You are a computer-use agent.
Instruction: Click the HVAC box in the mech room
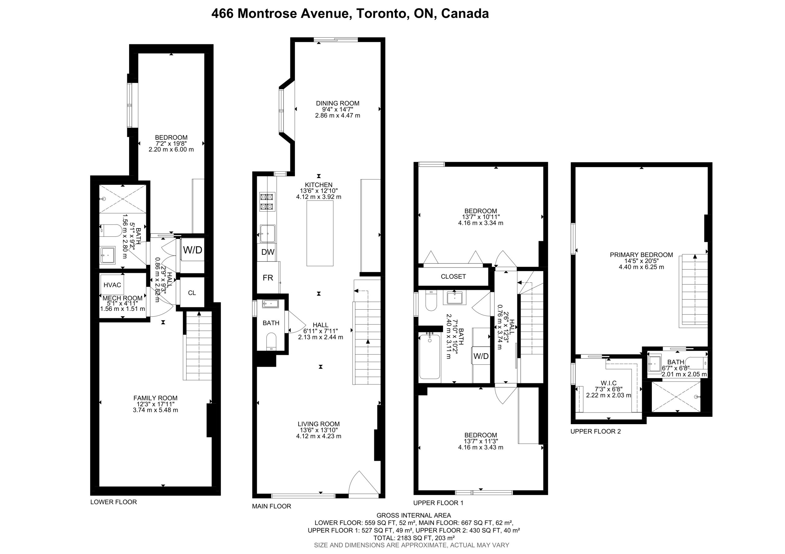tap(112, 285)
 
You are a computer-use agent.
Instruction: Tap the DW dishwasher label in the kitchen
tap(268, 252)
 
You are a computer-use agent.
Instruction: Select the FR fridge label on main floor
tap(268, 278)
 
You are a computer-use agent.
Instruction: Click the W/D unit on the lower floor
tap(193, 250)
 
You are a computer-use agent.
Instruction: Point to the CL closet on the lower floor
tap(192, 293)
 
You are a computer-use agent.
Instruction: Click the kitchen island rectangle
tap(320, 233)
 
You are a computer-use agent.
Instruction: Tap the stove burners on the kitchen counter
tap(267, 202)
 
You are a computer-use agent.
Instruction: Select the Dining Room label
tap(337, 103)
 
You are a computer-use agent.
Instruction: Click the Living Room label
tap(319, 424)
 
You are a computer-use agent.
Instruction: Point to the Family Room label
tap(155, 398)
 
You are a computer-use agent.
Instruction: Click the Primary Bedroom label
tap(641, 255)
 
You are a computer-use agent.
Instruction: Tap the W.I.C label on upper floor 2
tap(609, 383)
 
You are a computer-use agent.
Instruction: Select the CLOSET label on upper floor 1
tap(453, 276)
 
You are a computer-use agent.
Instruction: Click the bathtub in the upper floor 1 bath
tap(429, 356)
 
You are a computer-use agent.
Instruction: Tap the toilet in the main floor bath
tap(271, 341)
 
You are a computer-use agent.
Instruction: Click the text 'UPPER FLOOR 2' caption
tap(595, 432)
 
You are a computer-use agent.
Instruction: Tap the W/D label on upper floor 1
tap(481, 356)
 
